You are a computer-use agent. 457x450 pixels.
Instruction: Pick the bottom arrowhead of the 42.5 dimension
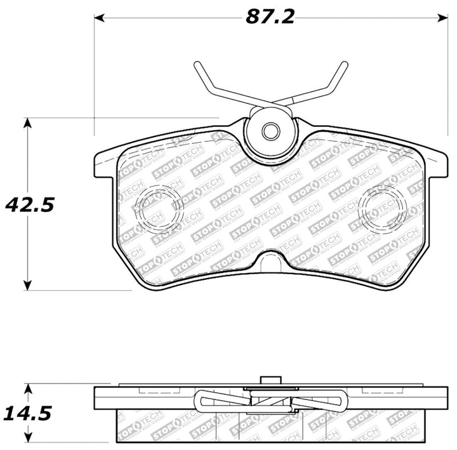click(27, 285)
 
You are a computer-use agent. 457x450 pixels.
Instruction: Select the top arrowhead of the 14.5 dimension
click(27, 388)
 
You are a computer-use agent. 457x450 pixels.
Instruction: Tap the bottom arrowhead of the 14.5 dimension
click(27, 437)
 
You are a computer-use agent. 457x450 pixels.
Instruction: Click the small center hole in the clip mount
click(270, 132)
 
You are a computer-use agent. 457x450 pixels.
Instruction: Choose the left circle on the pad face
click(155, 205)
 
